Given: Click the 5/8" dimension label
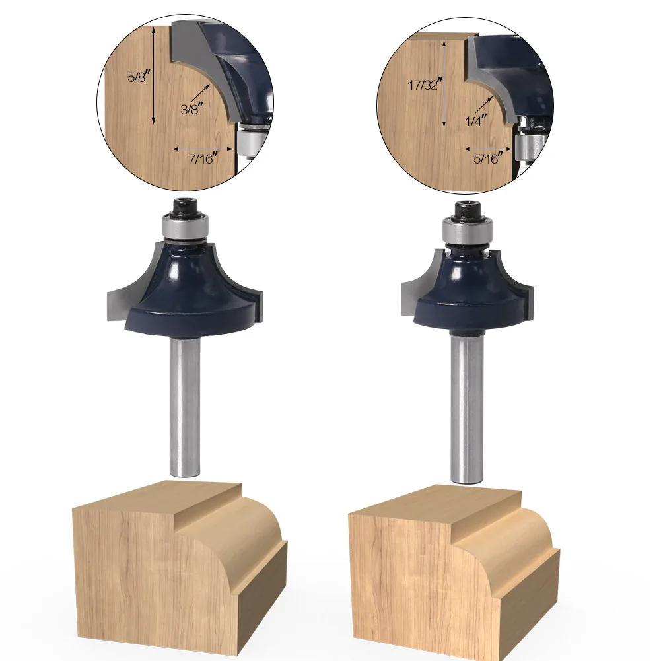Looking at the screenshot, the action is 139,77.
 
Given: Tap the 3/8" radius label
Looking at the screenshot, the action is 192,109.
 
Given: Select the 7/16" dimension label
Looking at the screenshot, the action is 203,159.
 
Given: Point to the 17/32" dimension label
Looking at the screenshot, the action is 425,85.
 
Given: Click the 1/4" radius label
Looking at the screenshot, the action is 475,121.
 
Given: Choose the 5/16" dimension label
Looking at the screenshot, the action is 488,158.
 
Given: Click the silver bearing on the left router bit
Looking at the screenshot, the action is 186,228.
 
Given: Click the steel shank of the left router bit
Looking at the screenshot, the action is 185,408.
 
